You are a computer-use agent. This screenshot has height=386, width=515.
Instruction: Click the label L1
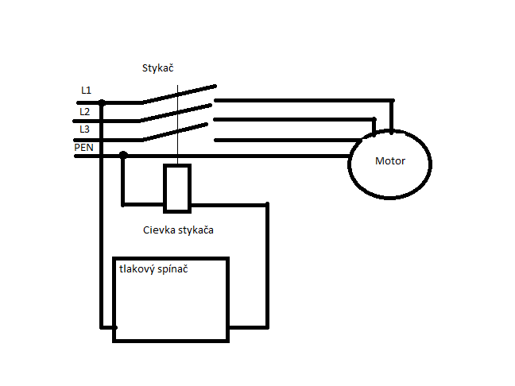pyautogui.click(x=86, y=91)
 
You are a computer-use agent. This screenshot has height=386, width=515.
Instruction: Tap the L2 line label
pyautogui.click(x=85, y=112)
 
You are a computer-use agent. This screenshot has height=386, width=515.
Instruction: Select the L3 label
pyautogui.click(x=85, y=129)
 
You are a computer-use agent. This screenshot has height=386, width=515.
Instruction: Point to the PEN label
pyautogui.click(x=83, y=148)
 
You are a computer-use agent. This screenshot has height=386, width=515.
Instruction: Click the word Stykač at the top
pyautogui.click(x=157, y=68)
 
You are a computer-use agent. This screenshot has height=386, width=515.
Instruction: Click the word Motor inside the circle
pyautogui.click(x=390, y=160)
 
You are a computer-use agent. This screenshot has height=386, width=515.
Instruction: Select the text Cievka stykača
pyautogui.click(x=178, y=230)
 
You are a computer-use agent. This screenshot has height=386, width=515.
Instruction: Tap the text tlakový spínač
pyautogui.click(x=153, y=269)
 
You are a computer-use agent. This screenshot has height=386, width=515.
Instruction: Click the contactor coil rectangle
pyautogui.click(x=177, y=188)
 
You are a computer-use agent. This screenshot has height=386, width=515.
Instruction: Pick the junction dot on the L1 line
pyautogui.click(x=103, y=102)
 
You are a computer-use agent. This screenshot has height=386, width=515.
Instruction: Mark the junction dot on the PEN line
pyautogui.click(x=123, y=155)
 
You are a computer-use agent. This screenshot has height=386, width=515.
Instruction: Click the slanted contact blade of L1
pyautogui.click(x=179, y=95)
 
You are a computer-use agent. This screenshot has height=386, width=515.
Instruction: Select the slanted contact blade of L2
pyautogui.click(x=175, y=113)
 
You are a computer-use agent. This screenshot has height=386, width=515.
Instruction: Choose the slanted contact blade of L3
pyautogui.click(x=175, y=132)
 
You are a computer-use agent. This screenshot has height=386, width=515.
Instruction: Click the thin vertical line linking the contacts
pyautogui.click(x=178, y=125)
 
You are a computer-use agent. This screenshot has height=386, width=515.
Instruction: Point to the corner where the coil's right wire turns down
pyautogui.click(x=267, y=205)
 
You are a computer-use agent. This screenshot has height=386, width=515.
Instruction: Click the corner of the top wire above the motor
pyautogui.click(x=392, y=100)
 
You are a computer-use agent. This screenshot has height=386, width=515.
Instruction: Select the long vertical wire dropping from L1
pyautogui.click(x=102, y=215)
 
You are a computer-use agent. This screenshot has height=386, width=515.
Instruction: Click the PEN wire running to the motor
pyautogui.click(x=212, y=156)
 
